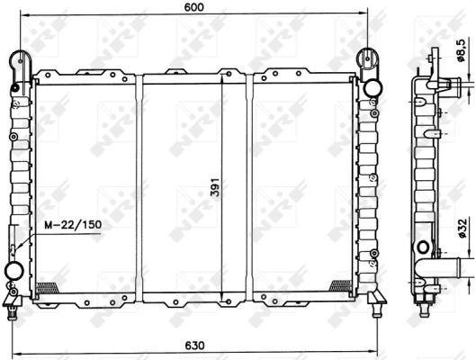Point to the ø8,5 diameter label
[461, 52]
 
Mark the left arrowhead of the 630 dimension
[13, 354]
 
